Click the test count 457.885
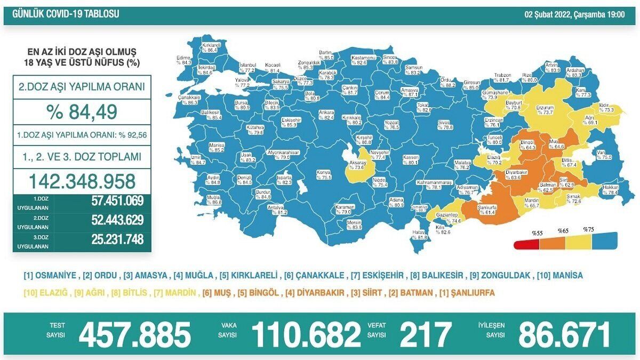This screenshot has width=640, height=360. (x=134, y=334)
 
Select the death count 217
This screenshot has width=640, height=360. (x=425, y=334)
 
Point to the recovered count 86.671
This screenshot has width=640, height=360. (x=564, y=334)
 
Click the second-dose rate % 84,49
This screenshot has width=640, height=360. (x=82, y=112)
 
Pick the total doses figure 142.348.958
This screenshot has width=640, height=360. (x=82, y=181)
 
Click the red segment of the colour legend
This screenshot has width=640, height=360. (x=524, y=245)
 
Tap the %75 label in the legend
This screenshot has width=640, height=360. (x=588, y=230)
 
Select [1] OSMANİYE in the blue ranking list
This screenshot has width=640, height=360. (x=51, y=276)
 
